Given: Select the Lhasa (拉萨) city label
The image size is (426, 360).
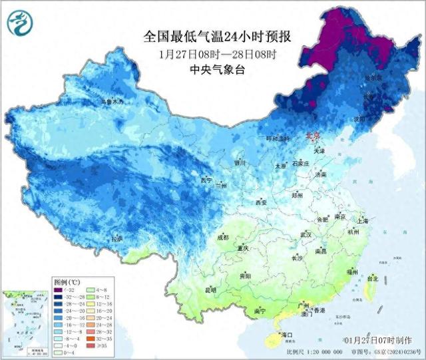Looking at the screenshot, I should pos(117,238).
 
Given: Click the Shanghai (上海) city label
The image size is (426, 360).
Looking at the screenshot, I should pos(363,221).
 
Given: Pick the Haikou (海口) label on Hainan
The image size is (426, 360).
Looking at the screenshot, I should pos(287,334).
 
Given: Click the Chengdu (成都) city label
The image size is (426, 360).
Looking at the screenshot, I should pos(222,238).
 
